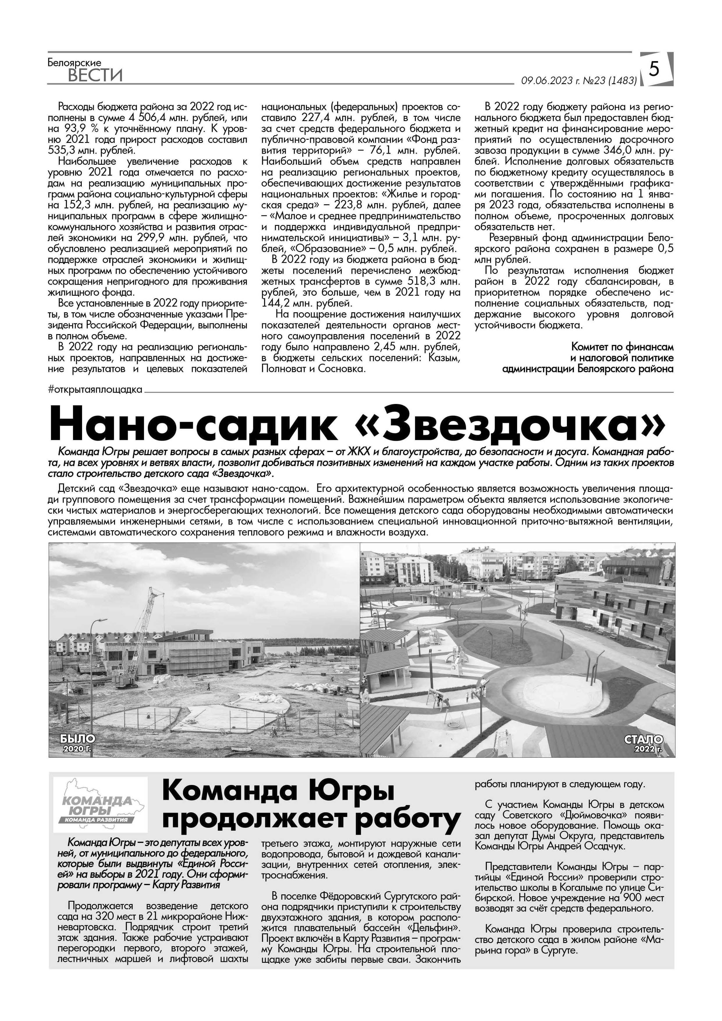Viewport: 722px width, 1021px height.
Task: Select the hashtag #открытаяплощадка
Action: click(x=95, y=390)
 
